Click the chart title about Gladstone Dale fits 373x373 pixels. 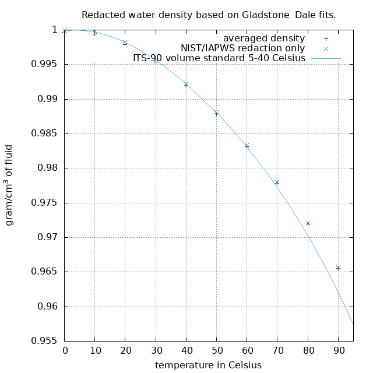point(209,15)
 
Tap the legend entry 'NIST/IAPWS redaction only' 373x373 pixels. point(242,48)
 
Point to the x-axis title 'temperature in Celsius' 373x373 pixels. point(208,365)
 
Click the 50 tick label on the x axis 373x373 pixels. point(216,351)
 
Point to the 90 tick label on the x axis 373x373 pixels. point(338,351)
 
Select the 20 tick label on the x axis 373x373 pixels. point(125,351)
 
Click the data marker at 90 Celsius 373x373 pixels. point(338,268)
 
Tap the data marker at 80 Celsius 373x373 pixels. point(308,223)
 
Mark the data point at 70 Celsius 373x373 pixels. point(277,182)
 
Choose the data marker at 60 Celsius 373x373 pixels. point(247,146)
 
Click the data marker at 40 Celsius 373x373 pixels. point(186,85)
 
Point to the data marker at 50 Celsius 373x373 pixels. point(216,113)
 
